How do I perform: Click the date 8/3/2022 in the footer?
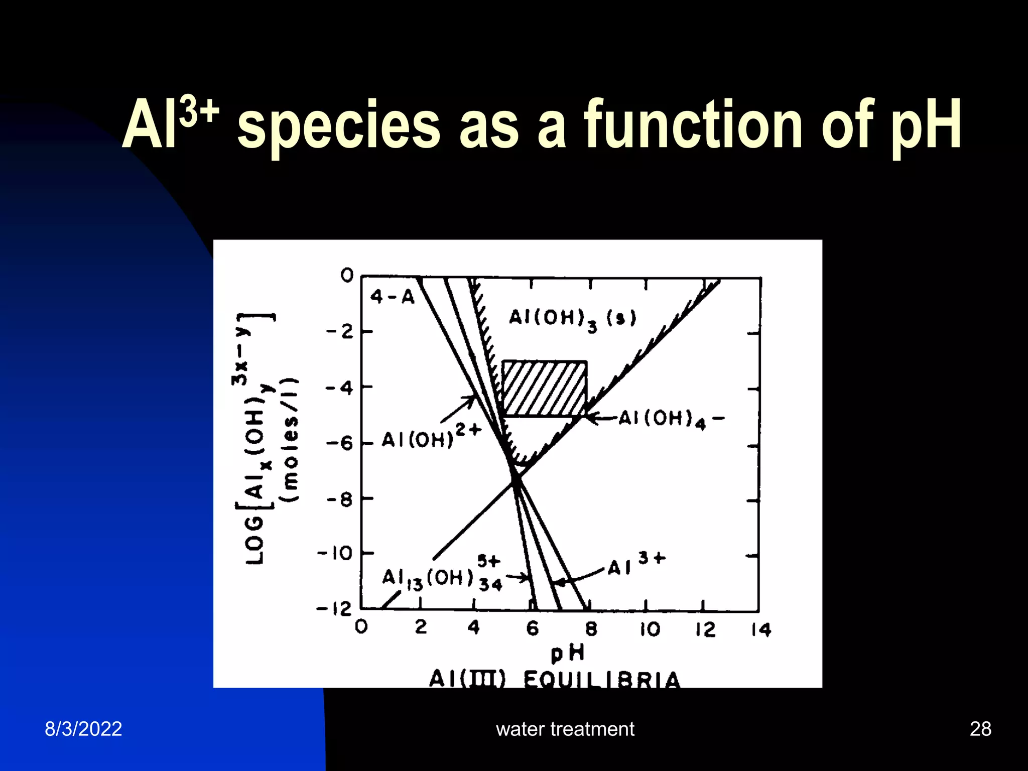pyautogui.click(x=83, y=729)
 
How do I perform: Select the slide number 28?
pyautogui.click(x=980, y=729)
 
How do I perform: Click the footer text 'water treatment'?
pyautogui.click(x=565, y=729)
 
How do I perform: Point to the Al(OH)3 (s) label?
pyautogui.click(x=572, y=319)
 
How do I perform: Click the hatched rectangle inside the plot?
pyautogui.click(x=544, y=388)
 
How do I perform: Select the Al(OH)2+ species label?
pyautogui.click(x=431, y=437)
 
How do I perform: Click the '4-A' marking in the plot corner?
pyautogui.click(x=393, y=297)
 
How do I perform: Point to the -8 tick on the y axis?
pyautogui.click(x=342, y=499)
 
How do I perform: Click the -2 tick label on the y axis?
pyautogui.click(x=341, y=332)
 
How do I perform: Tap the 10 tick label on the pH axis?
pyautogui.click(x=650, y=629)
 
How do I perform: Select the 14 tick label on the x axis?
pyautogui.click(x=760, y=629)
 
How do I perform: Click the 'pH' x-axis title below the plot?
pyautogui.click(x=567, y=653)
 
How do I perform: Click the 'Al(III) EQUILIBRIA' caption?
pyautogui.click(x=555, y=679)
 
